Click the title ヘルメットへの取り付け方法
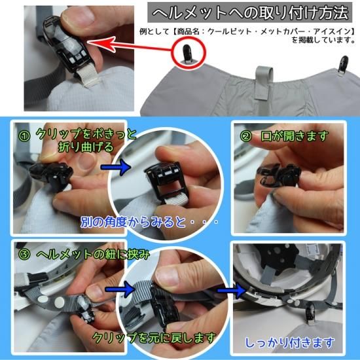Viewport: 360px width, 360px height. pyautogui.click(x=250, y=12)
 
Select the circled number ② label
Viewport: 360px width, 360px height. pyautogui.click(x=246, y=136)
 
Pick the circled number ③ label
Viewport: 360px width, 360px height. pyautogui.click(x=24, y=255)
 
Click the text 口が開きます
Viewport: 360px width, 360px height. pyautogui.click(x=295, y=136)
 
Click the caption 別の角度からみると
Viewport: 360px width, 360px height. pyautogui.click(x=133, y=222)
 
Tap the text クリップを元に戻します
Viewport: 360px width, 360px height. pyautogui.click(x=154, y=338)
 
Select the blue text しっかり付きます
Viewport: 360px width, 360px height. pyautogui.click(x=289, y=343)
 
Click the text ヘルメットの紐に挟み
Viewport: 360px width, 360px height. pyautogui.click(x=93, y=255)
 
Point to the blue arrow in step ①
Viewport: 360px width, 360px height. pyautogui.click(x=115, y=167)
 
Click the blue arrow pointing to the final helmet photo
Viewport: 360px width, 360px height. pyautogui.click(x=232, y=291)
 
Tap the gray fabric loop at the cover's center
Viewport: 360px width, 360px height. pyautogui.click(x=264, y=82)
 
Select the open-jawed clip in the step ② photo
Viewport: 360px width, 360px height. pyautogui.click(x=279, y=175)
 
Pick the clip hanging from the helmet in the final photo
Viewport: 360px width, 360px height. pyautogui.click(x=311, y=312)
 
